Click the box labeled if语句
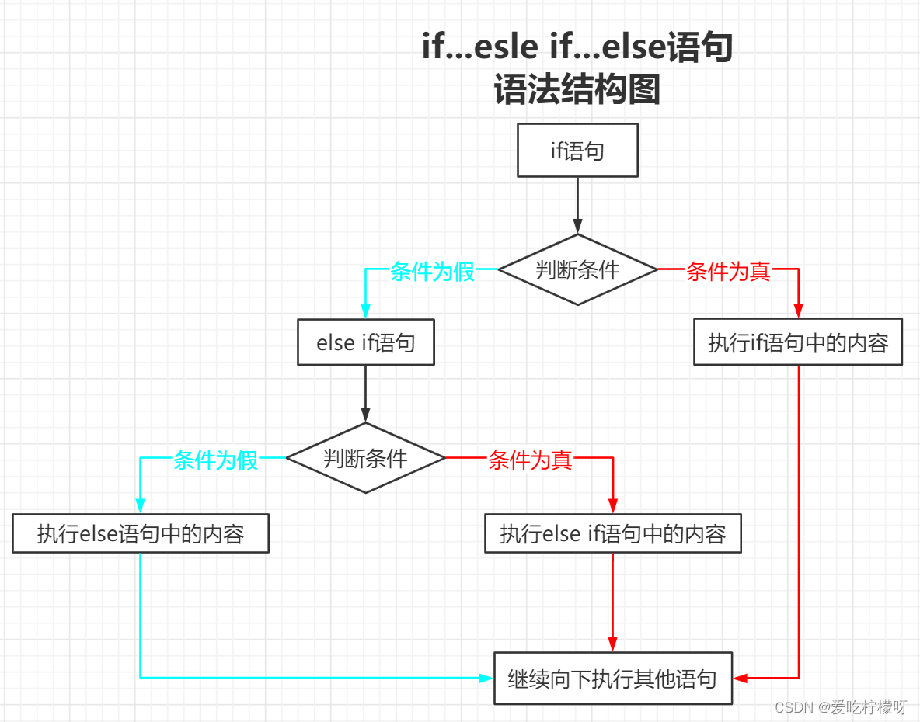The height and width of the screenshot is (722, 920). coord(577,151)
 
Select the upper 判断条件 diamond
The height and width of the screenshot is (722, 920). coord(577,269)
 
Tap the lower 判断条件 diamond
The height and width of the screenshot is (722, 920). coord(365,458)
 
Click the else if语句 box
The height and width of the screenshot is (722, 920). coord(365,343)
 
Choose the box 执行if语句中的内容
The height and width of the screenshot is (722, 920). coord(798,343)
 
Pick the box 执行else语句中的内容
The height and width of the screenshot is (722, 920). coord(141,533)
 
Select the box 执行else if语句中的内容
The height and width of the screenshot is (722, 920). coord(612,533)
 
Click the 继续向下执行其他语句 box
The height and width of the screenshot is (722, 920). coord(612,679)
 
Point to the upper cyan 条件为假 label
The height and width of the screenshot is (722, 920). coord(432,272)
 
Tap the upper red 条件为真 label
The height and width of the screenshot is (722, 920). coord(728,272)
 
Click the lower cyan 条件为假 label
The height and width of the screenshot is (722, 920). coord(215,460)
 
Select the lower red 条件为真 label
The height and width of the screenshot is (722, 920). coord(530,460)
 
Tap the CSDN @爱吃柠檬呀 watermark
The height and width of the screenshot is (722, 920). coord(842,707)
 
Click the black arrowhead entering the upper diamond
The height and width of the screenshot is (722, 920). coord(577,227)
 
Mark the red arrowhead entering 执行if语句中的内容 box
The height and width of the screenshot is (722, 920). coord(798,311)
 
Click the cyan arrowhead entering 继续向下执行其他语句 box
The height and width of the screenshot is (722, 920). coord(486,678)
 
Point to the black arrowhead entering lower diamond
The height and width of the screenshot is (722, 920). coord(365,415)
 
